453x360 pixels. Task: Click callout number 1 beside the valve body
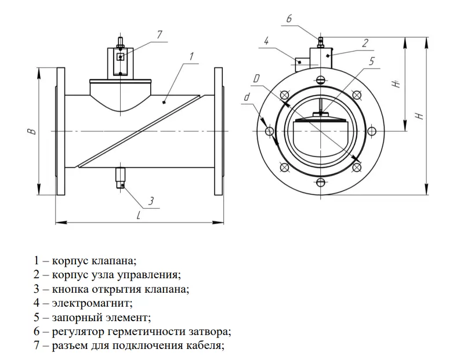pyautogui.click(x=191, y=57)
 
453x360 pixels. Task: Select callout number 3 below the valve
pyautogui.click(x=151, y=201)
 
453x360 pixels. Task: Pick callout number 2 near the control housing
pyautogui.click(x=365, y=42)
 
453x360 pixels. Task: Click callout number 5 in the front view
pyautogui.click(x=372, y=60)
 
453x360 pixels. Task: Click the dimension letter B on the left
pyautogui.click(x=32, y=132)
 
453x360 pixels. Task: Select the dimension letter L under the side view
pyautogui.click(x=139, y=215)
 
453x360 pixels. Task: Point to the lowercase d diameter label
pyautogui.click(x=247, y=97)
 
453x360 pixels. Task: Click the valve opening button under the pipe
pyautogui.click(x=121, y=177)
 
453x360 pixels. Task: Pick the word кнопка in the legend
pyautogui.click(x=68, y=288)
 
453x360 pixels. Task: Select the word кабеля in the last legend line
pyautogui.click(x=204, y=346)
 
